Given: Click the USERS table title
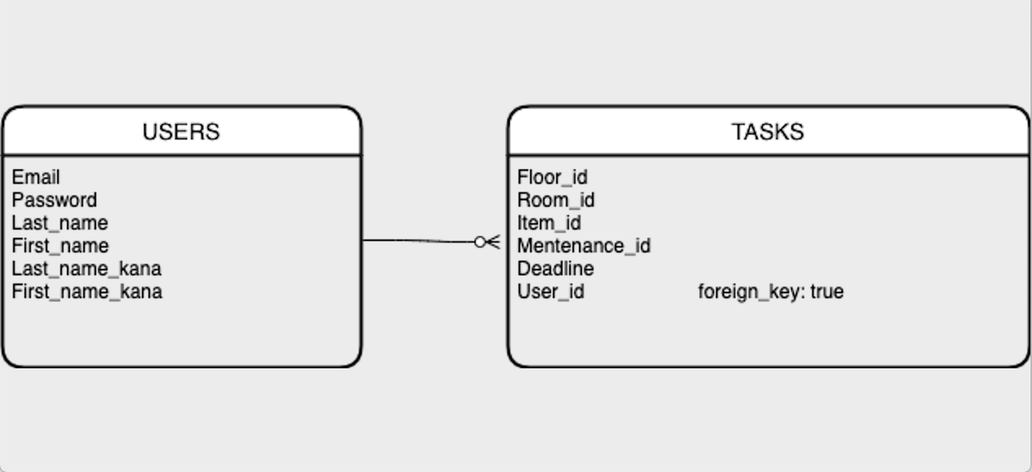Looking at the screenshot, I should [181, 131].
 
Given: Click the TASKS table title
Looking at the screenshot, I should [767, 131].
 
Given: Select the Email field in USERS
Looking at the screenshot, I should [36, 177].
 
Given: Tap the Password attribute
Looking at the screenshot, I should [54, 200].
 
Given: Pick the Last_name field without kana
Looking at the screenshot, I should [60, 223].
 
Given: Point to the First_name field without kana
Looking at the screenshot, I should [60, 246].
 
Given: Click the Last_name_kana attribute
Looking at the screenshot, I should [86, 268].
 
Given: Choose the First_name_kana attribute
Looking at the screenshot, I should [87, 292].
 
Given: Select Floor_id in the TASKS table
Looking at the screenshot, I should [552, 177].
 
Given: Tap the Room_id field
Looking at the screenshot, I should [555, 200].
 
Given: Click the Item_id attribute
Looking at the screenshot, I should [549, 223].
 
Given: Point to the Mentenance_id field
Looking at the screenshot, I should [583, 246].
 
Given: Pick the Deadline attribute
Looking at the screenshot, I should [555, 268].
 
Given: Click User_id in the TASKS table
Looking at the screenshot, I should [550, 292].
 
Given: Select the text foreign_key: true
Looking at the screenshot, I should [770, 292].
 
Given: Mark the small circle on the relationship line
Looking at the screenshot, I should [480, 241].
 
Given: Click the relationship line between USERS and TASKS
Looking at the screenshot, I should [418, 241].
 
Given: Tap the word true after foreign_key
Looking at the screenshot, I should [826, 292].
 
